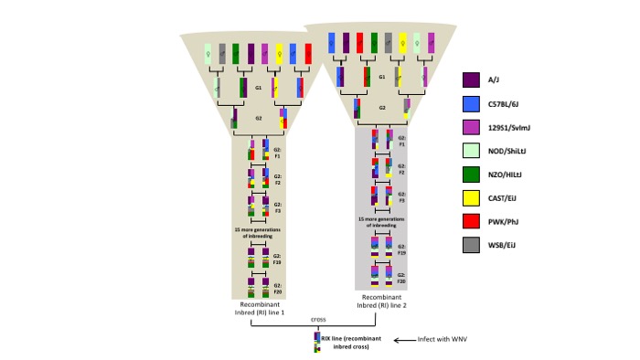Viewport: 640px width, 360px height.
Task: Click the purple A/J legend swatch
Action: coord(472,79)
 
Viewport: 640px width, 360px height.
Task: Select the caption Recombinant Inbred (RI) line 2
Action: coord(381,302)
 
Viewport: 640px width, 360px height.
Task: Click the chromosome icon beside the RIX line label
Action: coord(316,342)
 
